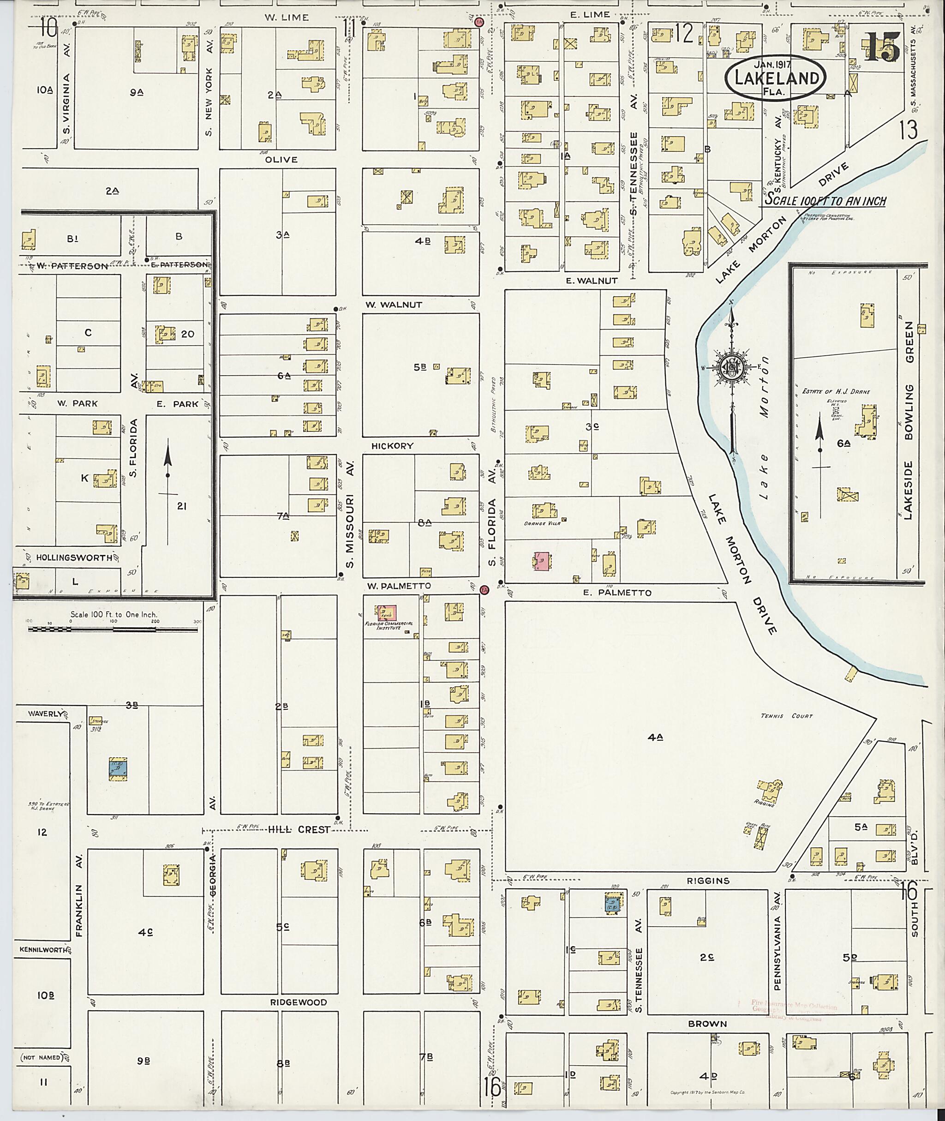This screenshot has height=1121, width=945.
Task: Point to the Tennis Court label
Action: click(786, 716)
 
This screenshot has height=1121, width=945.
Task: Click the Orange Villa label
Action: click(542, 523)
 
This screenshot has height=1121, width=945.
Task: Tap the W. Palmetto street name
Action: click(399, 586)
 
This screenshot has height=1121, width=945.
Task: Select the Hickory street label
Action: click(393, 446)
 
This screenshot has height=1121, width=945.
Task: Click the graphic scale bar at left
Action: click(113, 628)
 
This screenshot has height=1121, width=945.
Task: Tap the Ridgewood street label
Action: click(299, 1002)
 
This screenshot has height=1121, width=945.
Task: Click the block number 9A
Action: click(136, 92)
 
